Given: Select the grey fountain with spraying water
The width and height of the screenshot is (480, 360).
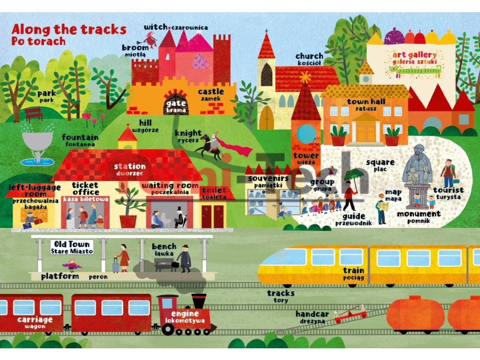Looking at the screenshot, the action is (37, 141).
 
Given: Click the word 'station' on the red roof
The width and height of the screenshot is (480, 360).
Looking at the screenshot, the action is (130, 166).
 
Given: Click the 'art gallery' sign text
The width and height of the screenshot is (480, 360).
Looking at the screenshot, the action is (414, 55).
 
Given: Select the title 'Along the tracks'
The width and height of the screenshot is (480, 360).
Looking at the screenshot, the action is (69, 29).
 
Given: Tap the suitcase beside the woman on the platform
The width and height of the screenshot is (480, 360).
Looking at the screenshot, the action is (115, 265).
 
